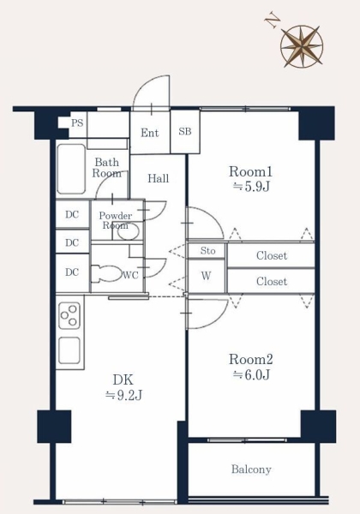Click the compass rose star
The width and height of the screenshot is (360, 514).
(302, 46)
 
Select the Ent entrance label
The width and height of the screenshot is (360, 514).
(150, 133)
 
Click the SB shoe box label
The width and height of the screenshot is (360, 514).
(185, 131)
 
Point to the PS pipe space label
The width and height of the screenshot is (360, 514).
(77, 123)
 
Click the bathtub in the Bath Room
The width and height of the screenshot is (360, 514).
(71, 169)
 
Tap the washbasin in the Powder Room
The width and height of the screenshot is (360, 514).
(129, 230)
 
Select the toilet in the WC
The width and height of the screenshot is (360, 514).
(105, 273)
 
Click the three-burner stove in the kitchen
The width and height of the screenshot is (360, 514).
(69, 315)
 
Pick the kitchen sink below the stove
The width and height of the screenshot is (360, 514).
(69, 350)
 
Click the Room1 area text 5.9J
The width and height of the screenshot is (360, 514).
(251, 187)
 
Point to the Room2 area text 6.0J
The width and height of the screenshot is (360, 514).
(251, 374)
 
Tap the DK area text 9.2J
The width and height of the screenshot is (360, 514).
(123, 395)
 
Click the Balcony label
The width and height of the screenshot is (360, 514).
(251, 469)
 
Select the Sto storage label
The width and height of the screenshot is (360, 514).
(208, 251)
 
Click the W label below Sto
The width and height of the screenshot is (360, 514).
(206, 276)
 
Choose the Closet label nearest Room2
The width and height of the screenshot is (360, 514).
(272, 281)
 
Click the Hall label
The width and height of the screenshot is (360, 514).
(159, 178)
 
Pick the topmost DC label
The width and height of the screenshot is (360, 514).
(72, 214)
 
